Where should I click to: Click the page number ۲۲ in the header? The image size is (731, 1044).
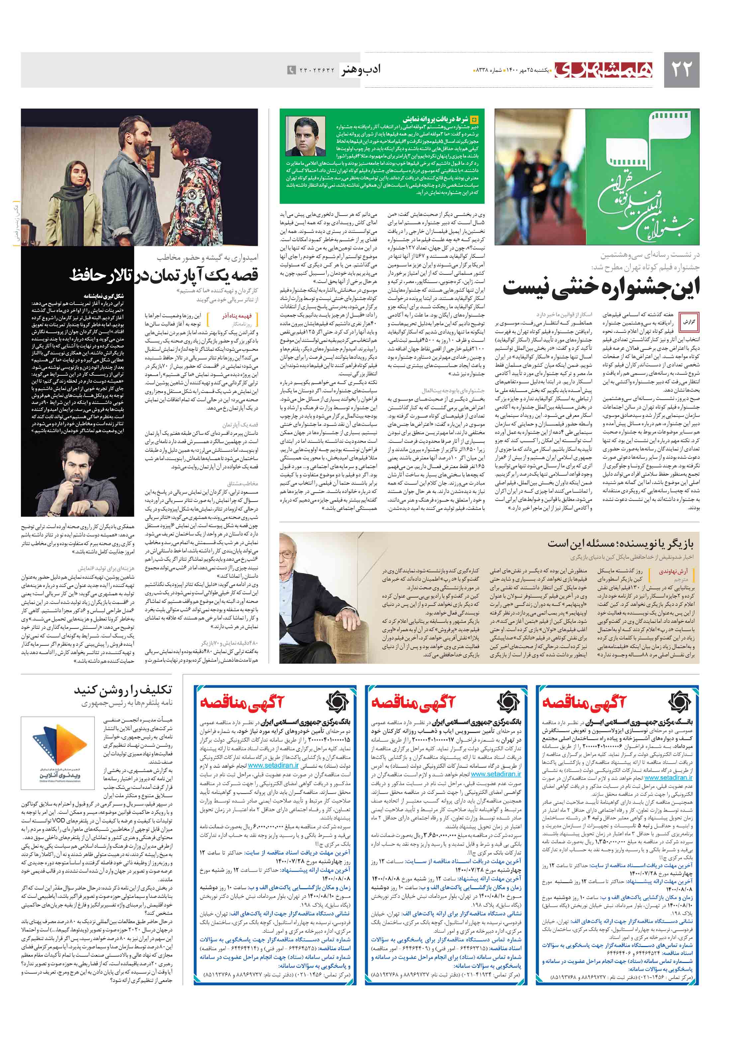tap(681, 69)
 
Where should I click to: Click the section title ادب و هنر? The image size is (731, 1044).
tap(361, 70)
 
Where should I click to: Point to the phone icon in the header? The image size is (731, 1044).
tap(291, 70)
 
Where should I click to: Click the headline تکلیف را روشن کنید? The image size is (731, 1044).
tap(123, 690)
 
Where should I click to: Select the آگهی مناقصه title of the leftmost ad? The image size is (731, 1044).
tap(241, 703)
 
